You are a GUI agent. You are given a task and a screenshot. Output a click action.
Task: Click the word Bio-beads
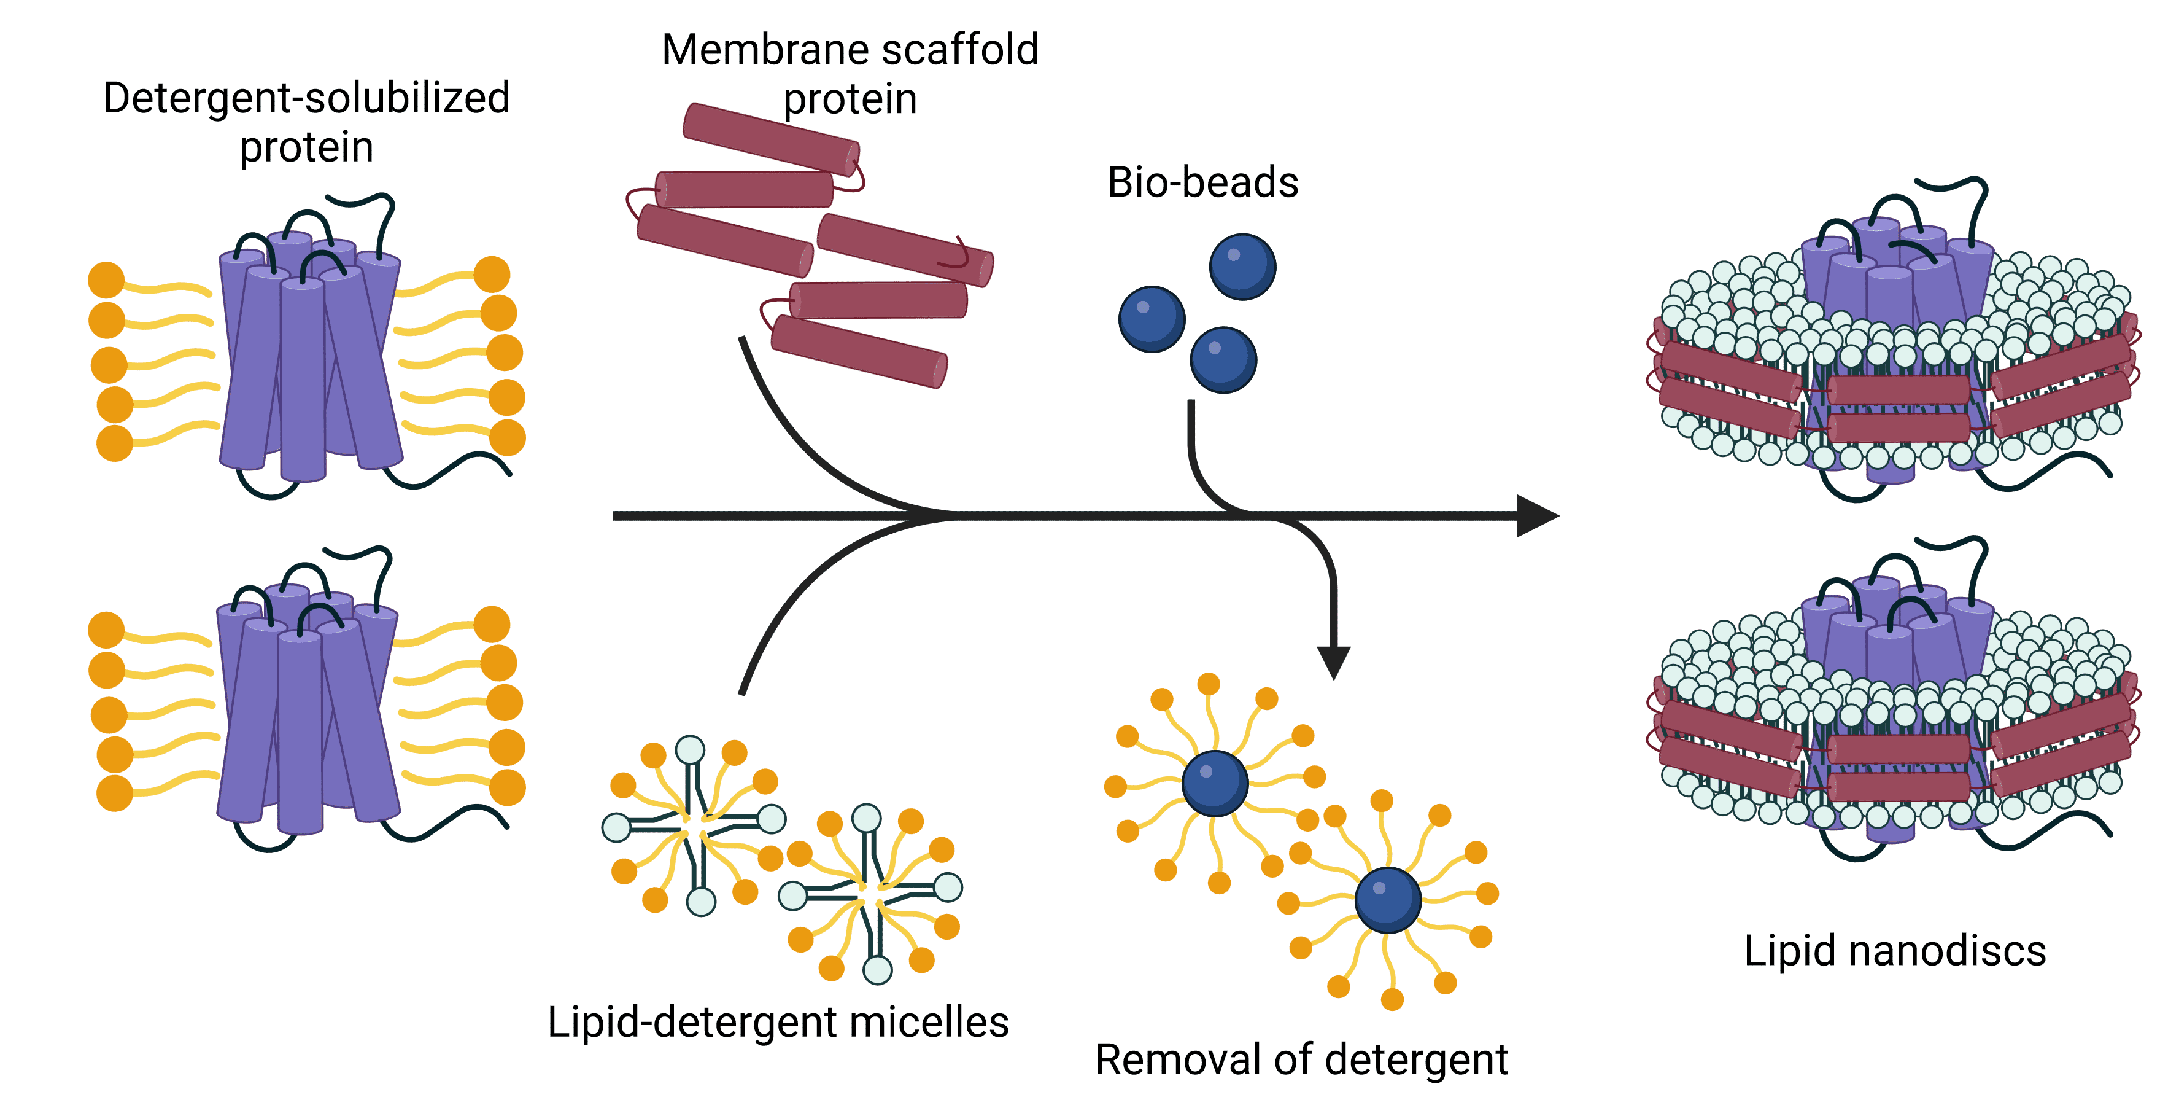point(1202,183)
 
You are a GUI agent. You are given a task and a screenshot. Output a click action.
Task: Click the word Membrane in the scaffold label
point(767,50)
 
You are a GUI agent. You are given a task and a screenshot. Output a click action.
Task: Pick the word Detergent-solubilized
point(306,98)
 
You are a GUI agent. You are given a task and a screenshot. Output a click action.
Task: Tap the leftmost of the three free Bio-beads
point(1152,319)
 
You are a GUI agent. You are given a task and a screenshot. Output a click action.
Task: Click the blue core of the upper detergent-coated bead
point(1215,784)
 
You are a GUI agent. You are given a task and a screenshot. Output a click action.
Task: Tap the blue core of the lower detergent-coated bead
point(1388,900)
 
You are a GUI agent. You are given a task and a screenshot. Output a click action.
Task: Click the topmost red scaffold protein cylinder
point(770,138)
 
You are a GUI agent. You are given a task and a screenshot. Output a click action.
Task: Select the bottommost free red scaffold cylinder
point(859,351)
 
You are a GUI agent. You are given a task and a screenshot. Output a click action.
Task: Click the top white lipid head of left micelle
point(690,749)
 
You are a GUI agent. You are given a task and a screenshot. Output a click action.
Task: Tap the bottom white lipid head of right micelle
point(877,970)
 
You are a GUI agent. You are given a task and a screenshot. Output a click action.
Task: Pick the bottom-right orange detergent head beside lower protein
point(506,787)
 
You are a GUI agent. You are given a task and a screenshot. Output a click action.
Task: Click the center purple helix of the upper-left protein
point(302,378)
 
